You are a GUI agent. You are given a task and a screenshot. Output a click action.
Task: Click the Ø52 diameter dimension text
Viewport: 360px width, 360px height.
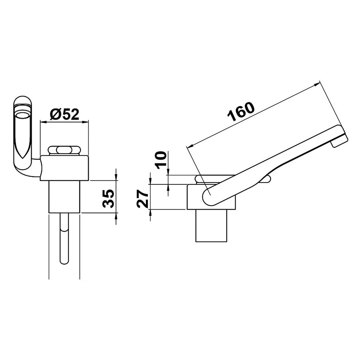(x=64, y=114)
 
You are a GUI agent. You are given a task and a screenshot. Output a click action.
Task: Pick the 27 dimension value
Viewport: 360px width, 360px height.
(x=142, y=198)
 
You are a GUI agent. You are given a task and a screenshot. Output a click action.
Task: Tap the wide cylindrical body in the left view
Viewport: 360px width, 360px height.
(x=64, y=168)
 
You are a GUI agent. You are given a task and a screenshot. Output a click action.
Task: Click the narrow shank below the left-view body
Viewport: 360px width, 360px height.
(x=64, y=196)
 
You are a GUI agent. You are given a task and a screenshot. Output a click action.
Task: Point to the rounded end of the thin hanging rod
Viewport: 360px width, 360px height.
(x=64, y=262)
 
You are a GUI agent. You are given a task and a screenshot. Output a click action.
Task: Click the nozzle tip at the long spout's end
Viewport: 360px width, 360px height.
(x=339, y=141)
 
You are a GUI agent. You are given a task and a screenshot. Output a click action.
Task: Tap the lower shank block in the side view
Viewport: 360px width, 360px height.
(x=211, y=225)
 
